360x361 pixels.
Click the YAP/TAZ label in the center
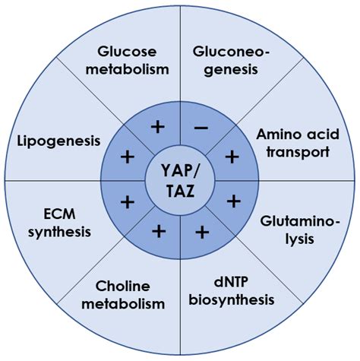[180, 179]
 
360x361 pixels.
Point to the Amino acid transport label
[292, 142]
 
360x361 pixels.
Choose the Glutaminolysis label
[294, 229]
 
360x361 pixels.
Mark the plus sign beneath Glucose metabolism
[158, 127]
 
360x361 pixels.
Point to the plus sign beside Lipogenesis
[127, 157]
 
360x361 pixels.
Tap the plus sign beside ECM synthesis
[127, 202]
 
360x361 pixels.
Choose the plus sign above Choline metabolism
[159, 231]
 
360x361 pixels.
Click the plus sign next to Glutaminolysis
[233, 201]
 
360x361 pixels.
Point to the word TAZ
[180, 191]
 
